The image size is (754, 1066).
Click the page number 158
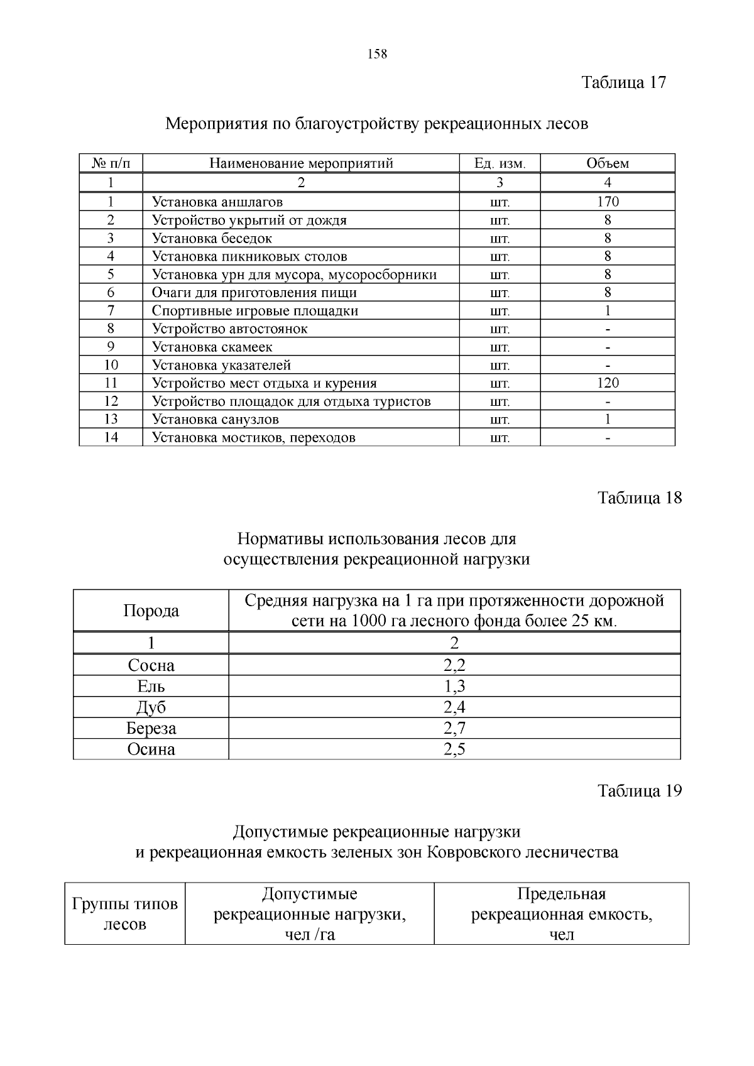tap(377, 54)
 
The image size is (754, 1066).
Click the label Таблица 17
tap(623, 82)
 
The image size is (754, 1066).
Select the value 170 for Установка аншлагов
tap(608, 202)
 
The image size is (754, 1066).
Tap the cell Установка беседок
tap(212, 238)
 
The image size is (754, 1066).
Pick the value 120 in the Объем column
tap(608, 383)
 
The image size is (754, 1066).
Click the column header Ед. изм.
tap(500, 163)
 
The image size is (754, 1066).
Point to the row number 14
tap(111, 437)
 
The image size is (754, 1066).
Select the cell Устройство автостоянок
tap(229, 329)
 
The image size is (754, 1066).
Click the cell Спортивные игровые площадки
tap(254, 310)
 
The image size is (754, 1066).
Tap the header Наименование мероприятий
tap(301, 163)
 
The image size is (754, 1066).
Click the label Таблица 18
tap(639, 498)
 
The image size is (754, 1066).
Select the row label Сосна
tap(151, 665)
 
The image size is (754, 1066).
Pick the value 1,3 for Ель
tap(454, 686)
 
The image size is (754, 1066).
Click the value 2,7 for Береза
tap(454, 728)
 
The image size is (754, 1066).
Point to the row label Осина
tap(151, 749)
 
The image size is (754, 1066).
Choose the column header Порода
tap(151, 611)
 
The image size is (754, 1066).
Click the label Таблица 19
tap(639, 790)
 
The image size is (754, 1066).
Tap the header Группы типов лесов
tap(125, 914)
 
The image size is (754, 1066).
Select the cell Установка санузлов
tap(215, 419)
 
